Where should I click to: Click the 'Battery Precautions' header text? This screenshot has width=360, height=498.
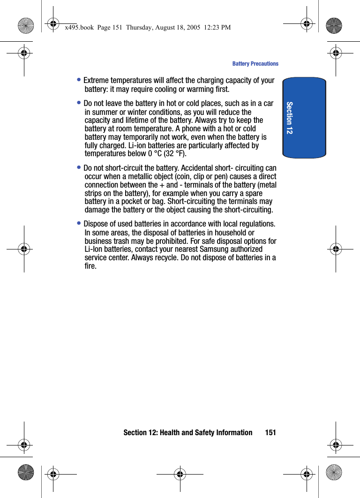coord(255,64)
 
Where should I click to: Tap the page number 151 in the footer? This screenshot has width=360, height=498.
coord(270,432)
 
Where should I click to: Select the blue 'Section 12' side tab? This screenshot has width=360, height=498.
coord(304,118)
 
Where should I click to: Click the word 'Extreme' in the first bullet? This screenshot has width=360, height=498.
coord(97,81)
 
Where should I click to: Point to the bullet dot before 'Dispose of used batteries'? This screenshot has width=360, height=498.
coord(80,224)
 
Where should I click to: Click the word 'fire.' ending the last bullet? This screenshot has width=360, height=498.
coord(91,266)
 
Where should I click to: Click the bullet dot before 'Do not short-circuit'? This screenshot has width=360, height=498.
coord(80,168)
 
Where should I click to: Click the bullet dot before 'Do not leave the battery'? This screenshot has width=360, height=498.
coord(80,103)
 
